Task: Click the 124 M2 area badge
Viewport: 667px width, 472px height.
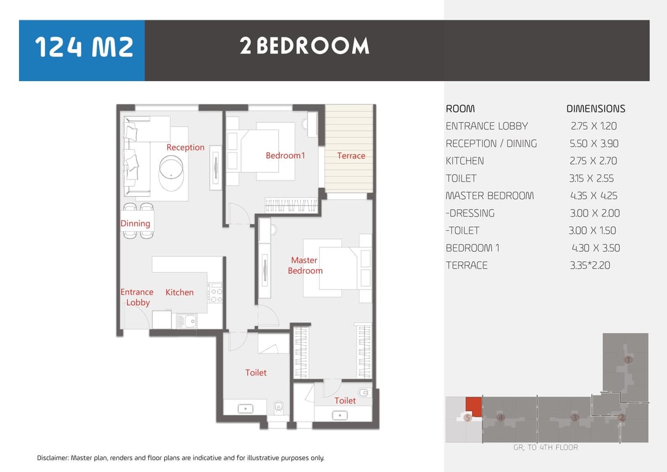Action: tap(82, 50)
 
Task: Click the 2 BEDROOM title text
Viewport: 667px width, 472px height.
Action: tap(304, 46)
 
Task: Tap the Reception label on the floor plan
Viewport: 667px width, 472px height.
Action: tap(186, 147)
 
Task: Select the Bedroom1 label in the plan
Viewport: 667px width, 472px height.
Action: tap(285, 155)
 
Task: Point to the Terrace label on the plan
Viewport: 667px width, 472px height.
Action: tap(351, 155)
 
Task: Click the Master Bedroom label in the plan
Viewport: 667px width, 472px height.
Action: tap(305, 265)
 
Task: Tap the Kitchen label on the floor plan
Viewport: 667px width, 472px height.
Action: tap(180, 292)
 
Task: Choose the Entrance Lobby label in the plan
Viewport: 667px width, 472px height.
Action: tap(137, 297)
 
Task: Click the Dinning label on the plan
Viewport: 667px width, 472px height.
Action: tap(135, 224)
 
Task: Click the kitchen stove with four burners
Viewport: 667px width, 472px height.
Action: tap(215, 293)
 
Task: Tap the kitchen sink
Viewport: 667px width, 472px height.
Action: tap(187, 321)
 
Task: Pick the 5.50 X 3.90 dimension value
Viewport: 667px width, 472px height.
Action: tap(594, 144)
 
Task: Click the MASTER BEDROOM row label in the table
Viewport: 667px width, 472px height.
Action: tap(489, 195)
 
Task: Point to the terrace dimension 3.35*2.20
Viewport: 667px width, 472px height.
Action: tap(590, 265)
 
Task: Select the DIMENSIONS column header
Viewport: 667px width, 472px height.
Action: tap(596, 109)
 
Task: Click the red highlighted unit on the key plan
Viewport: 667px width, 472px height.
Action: tap(473, 407)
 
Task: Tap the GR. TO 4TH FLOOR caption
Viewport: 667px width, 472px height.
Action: tap(546, 447)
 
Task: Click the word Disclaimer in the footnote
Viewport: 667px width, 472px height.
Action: tap(52, 458)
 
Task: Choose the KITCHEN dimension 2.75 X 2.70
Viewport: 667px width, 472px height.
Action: tap(593, 161)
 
